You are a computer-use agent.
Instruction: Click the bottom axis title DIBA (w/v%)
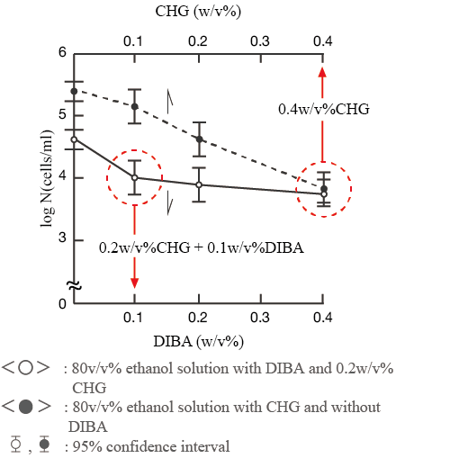(199, 341)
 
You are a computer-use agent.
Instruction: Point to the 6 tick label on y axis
(62, 53)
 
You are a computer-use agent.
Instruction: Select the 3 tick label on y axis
(62, 238)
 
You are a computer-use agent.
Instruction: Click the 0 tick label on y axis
(62, 304)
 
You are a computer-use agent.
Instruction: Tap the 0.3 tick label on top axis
(261, 41)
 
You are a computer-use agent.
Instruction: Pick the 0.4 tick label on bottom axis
(324, 318)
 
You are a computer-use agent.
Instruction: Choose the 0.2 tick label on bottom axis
(198, 318)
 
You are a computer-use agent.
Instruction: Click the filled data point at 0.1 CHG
(135, 107)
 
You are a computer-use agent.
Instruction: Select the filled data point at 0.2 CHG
(199, 139)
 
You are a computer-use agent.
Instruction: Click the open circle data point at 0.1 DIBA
(135, 178)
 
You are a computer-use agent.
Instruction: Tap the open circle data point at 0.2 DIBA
(199, 184)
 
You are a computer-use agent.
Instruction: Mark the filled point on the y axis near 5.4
(74, 91)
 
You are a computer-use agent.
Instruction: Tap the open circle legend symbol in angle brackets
(26, 368)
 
